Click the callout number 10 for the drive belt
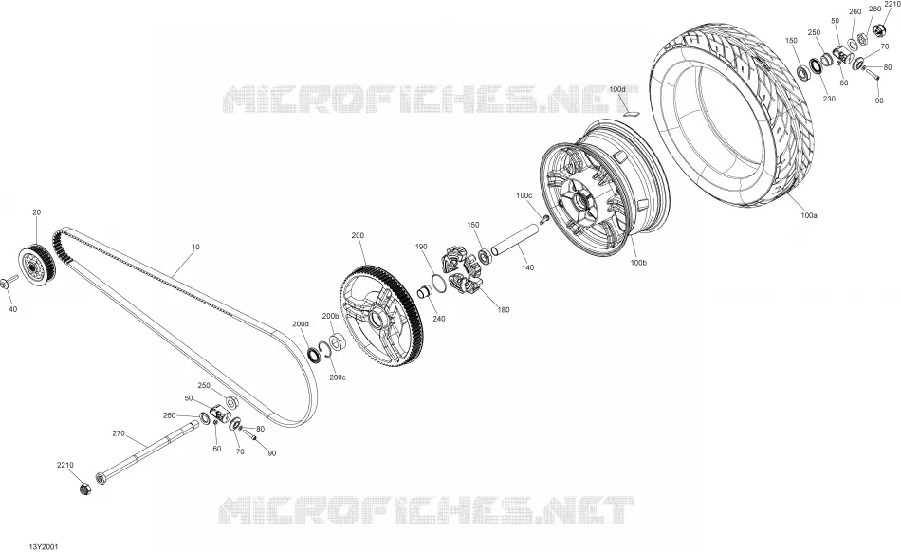tap(195, 247)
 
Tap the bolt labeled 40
tap(9, 282)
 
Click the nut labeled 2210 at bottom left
tap(85, 488)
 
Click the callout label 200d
tap(301, 324)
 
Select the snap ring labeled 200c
tap(324, 351)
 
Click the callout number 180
tap(504, 310)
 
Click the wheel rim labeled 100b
tap(604, 189)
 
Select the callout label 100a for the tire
tap(808, 215)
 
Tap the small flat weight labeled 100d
tap(632, 113)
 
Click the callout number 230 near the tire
tap(829, 99)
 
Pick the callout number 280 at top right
tap(874, 9)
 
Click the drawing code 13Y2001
tap(44, 547)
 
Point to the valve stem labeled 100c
tap(544, 218)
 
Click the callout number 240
tap(439, 319)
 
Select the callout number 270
tap(119, 433)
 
